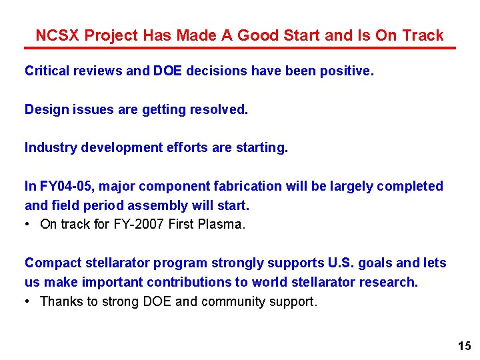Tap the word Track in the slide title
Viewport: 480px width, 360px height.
[422, 35]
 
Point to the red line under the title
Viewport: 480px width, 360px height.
[240, 48]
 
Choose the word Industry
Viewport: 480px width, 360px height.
[51, 148]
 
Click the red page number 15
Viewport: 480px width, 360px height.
[464, 345]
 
